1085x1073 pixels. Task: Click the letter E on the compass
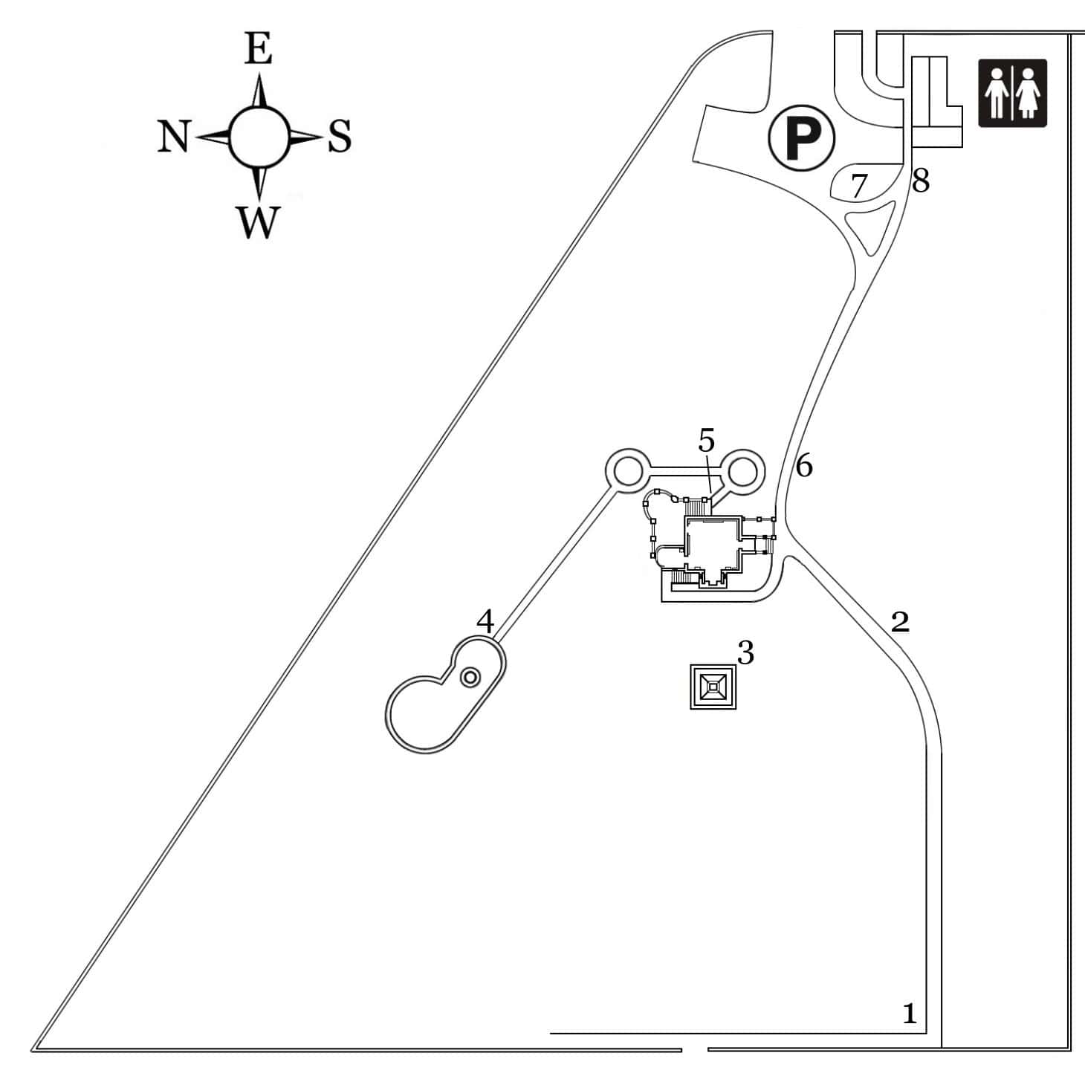tap(258, 51)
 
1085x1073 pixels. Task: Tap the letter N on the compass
tap(174, 137)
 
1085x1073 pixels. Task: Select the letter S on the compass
tap(340, 137)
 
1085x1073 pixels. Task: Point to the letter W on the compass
tap(258, 221)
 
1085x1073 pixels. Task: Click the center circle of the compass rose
tap(258, 137)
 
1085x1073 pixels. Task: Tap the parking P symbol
tap(802, 137)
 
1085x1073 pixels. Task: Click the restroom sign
tap(1012, 93)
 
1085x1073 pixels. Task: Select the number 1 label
tap(909, 1014)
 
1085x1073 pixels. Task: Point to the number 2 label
tap(900, 621)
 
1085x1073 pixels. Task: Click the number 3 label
tap(745, 652)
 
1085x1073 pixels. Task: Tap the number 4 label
tap(485, 621)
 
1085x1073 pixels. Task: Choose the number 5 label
tap(706, 441)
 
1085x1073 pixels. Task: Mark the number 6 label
tap(804, 467)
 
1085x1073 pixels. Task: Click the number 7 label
tap(858, 186)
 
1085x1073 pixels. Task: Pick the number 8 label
tap(921, 181)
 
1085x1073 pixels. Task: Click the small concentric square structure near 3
tap(713, 687)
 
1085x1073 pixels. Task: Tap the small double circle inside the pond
tap(470, 677)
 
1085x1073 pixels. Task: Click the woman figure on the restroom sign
tap(1029, 93)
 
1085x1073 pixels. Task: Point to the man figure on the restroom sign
tap(996, 93)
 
